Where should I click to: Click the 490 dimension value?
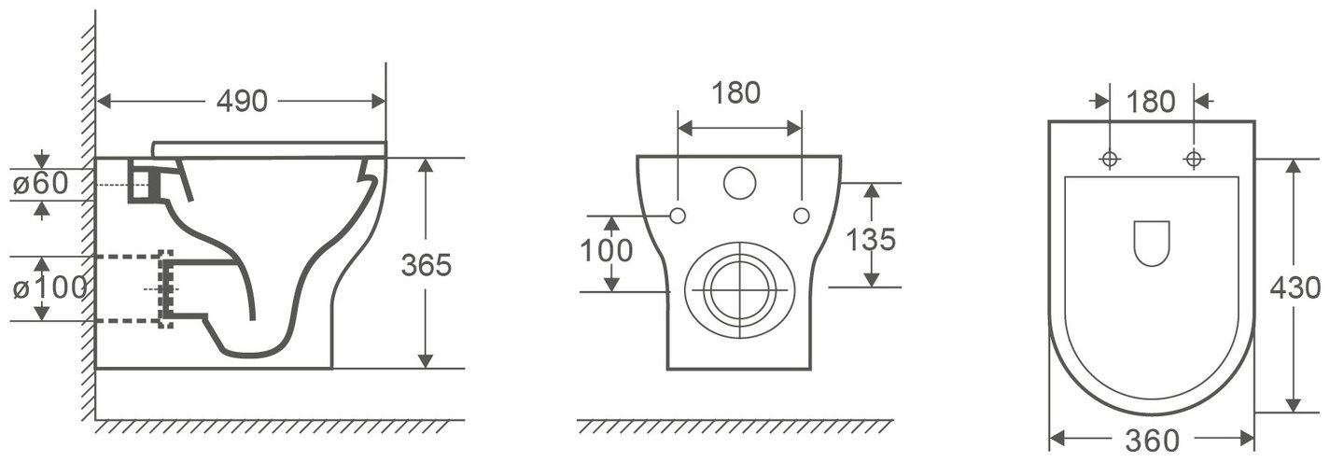242,102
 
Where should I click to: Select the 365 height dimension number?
426,265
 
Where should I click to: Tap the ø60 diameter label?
40,184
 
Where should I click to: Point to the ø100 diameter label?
49,288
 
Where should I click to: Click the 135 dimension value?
870,239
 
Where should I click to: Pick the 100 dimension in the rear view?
607,250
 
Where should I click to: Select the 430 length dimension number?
1295,288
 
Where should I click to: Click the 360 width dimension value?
1152,441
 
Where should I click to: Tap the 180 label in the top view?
1151,102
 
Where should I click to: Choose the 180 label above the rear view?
736,92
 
